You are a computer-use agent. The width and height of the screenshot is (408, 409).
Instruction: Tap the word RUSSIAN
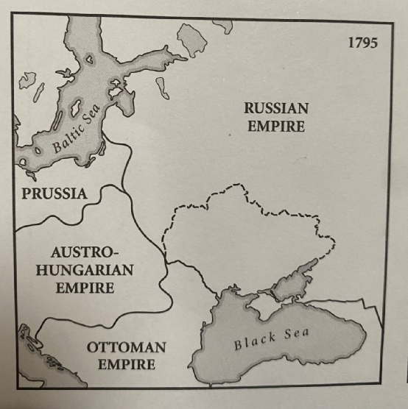276,108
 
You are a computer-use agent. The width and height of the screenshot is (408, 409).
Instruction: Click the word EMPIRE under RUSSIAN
276,126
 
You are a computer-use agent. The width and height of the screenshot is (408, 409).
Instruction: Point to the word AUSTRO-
86,252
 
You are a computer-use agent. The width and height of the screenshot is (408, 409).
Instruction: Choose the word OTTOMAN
127,346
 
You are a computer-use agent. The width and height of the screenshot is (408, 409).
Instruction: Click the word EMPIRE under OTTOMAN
127,364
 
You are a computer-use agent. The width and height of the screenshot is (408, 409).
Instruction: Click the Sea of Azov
295,277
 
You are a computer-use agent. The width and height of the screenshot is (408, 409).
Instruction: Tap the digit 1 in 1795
351,43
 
